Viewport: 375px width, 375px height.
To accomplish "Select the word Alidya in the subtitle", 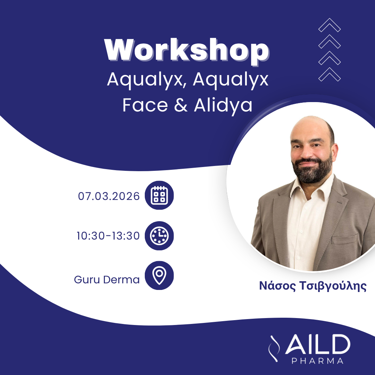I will coord(223,105).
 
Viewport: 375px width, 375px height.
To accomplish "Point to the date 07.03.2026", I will coord(109,196).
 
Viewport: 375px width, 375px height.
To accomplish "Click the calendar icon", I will coord(159,195).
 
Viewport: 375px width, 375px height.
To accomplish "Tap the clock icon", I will coord(159,236).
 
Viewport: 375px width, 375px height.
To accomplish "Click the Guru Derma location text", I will coord(107,280).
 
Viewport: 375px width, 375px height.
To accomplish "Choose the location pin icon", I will coord(159,276).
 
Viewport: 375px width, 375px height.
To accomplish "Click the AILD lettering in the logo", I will coord(317,345).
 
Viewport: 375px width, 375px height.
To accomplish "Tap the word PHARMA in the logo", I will coord(317,361).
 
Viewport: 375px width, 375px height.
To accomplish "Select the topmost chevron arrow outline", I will coord(330,25).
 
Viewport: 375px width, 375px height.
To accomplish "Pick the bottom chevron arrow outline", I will coord(330,74).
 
